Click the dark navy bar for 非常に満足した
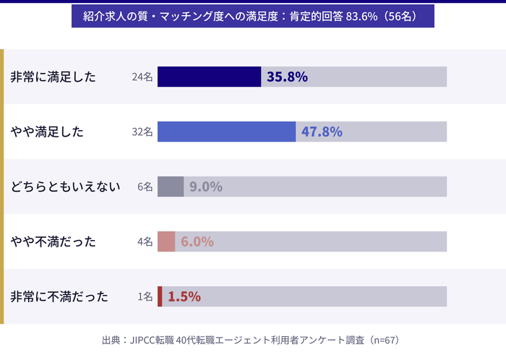click(x=209, y=77)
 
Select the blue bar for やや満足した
click(x=226, y=132)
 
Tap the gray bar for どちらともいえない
click(x=171, y=187)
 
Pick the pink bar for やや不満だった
click(x=166, y=241)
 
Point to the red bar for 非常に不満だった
click(x=160, y=296)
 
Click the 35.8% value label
click(x=287, y=77)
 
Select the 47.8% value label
click(x=322, y=132)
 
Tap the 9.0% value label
click(x=205, y=187)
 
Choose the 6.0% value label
click(x=197, y=241)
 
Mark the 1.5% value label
click(x=184, y=296)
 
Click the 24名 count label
click(x=142, y=77)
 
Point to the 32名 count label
click(x=142, y=132)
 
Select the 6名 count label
click(x=145, y=187)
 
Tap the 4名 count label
click(x=145, y=241)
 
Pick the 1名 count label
click(x=145, y=296)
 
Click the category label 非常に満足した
click(x=53, y=77)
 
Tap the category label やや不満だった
click(x=53, y=241)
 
